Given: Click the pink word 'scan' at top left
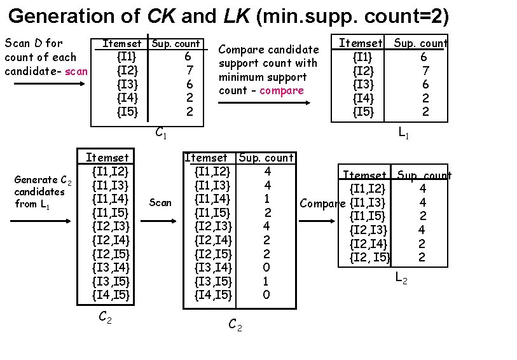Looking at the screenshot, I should click(x=76, y=71).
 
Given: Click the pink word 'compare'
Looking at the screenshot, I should click(x=282, y=90).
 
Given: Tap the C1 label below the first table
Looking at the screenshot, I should click(x=161, y=133).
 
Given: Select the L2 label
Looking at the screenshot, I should click(x=402, y=277).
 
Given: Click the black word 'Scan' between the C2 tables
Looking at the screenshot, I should click(x=160, y=203).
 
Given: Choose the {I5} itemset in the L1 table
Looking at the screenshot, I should click(x=364, y=112).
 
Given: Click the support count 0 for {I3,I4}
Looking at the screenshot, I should click(x=266, y=267).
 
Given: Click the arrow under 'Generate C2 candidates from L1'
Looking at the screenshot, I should click(x=39, y=221).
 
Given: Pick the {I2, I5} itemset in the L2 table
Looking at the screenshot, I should click(x=371, y=258).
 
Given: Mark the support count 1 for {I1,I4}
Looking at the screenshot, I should click(x=267, y=198).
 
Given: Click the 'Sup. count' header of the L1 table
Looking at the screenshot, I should click(x=420, y=43).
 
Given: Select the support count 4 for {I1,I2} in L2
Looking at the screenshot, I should click(x=422, y=188).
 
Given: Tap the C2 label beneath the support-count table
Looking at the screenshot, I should click(x=235, y=326).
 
